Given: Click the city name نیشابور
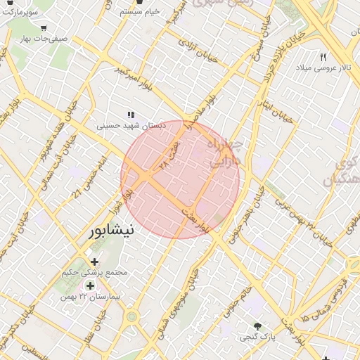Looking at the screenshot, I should click(113, 231).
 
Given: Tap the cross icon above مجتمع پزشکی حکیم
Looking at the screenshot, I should click(95, 262).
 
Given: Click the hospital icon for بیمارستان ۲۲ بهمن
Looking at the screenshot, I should click(90, 285).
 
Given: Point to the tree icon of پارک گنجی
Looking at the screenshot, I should click(258, 326).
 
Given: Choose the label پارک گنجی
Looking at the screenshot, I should click(255, 337).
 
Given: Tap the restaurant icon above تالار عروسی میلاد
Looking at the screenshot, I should click(323, 56).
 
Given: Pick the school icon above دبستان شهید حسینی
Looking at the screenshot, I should click(130, 114).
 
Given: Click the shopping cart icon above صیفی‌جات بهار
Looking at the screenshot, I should click(44, 27).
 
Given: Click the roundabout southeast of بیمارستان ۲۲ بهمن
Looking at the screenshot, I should click(131, 316).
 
